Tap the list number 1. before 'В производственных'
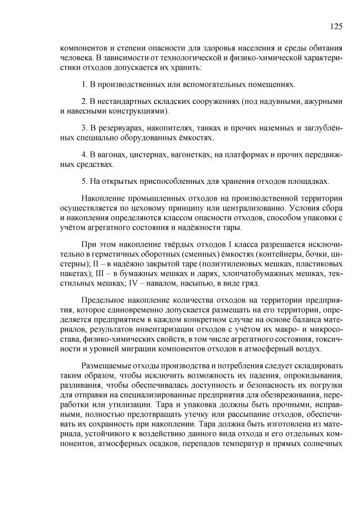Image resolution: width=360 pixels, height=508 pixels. (x=84, y=85)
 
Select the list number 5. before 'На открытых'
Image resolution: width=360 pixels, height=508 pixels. (x=84, y=181)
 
